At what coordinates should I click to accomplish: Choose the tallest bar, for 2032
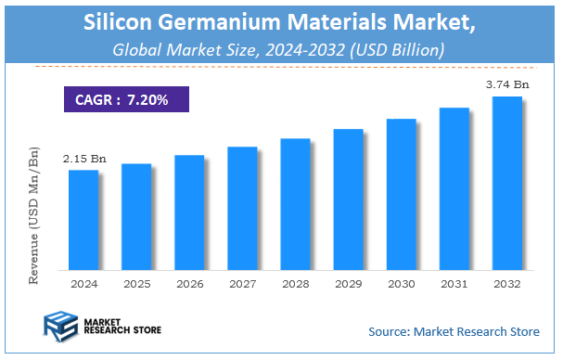point(506,182)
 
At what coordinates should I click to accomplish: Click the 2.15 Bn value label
point(84,160)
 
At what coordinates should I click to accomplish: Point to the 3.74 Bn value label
point(506,85)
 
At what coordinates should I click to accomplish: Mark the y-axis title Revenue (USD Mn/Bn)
point(34,212)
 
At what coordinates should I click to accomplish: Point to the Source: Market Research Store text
point(454,331)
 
